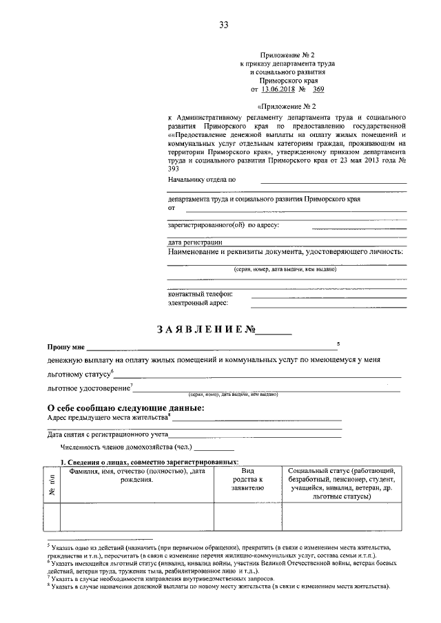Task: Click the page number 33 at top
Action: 223,25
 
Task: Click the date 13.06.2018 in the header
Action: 276,89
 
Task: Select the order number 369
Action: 318,89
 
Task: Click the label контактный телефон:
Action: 201,293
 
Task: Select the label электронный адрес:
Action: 198,302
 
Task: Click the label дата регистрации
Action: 195,242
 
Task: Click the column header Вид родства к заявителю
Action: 248,478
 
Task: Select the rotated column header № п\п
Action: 52,486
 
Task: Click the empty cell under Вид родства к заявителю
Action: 248,517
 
